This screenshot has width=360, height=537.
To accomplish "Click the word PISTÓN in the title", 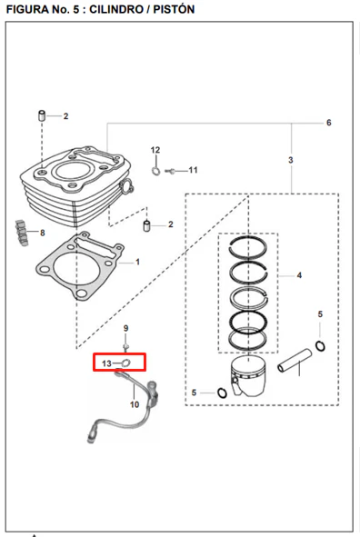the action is pos(174,9).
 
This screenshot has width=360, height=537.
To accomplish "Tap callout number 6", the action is pos(329,123).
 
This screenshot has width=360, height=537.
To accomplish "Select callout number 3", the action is pos(291,160).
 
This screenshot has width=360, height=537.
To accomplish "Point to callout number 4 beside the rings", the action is pos(299,275).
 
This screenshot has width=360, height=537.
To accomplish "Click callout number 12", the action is pos(155,150).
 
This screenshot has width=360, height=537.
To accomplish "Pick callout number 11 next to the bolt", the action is pos(194,170).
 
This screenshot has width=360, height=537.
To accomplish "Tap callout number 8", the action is pos(43,233).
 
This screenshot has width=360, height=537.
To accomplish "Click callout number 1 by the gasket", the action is pos(137,262).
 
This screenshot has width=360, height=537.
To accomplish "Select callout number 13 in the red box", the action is pos(106,363).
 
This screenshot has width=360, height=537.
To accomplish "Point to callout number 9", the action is pos(125,328).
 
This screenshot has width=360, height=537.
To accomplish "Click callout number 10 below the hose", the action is pos(135,404).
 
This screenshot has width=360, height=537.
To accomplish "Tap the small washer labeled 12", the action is pos(155,171).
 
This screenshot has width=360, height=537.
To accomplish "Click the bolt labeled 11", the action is pos(170,171).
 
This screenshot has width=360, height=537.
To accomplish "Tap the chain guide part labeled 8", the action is pos(21,233).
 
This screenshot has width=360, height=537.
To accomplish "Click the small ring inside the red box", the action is pos(125,363).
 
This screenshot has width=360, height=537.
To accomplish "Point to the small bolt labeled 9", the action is pos(125,347).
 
